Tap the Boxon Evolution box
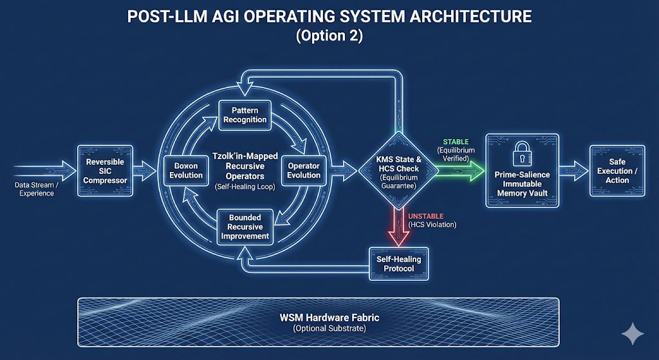pyautogui.click(x=186, y=171)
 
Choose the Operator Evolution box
pyautogui.click(x=304, y=171)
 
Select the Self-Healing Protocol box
pyautogui.click(x=398, y=263)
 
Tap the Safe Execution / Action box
pyautogui.click(x=617, y=171)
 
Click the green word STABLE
pyautogui.click(x=456, y=142)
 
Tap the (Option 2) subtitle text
pyautogui.click(x=329, y=37)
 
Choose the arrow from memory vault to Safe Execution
pyautogui.click(x=571, y=171)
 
